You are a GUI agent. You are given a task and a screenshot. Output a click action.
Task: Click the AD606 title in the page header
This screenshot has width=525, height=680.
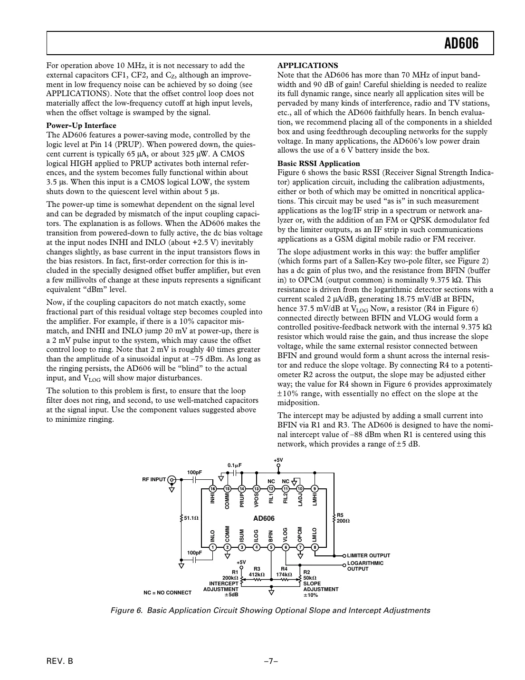point(461,44)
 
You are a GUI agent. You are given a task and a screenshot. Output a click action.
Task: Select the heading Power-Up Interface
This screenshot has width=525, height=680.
point(81,126)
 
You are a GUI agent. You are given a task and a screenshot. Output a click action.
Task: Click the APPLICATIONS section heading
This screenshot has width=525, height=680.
point(307,66)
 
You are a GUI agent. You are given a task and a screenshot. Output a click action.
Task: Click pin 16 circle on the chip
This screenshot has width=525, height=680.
point(213,489)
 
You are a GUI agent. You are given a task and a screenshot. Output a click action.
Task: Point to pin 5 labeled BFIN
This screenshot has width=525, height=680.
point(271,547)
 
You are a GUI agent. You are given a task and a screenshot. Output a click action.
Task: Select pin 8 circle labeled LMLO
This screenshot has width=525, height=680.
point(315,547)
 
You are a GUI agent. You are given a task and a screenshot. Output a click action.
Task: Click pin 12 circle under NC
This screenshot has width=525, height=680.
point(271,489)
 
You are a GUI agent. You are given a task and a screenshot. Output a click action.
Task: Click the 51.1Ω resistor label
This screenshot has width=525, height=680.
point(191,517)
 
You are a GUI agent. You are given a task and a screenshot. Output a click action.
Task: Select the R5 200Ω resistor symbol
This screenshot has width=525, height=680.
point(333,517)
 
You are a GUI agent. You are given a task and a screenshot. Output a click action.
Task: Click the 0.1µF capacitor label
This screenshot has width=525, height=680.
point(235,465)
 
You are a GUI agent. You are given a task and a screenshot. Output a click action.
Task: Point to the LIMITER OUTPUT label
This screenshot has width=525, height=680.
point(368,555)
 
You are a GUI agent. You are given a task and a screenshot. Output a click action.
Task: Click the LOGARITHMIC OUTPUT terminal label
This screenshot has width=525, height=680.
point(365,566)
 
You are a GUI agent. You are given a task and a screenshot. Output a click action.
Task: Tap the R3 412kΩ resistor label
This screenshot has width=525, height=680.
point(257,572)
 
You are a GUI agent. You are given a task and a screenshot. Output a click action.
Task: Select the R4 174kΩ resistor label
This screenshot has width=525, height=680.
point(284,572)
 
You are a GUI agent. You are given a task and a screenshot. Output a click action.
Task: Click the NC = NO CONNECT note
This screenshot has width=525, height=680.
point(167,593)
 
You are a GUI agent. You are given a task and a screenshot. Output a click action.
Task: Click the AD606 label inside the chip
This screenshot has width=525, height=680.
point(264,518)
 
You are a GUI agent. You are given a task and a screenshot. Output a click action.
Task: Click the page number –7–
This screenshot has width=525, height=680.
point(271,661)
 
